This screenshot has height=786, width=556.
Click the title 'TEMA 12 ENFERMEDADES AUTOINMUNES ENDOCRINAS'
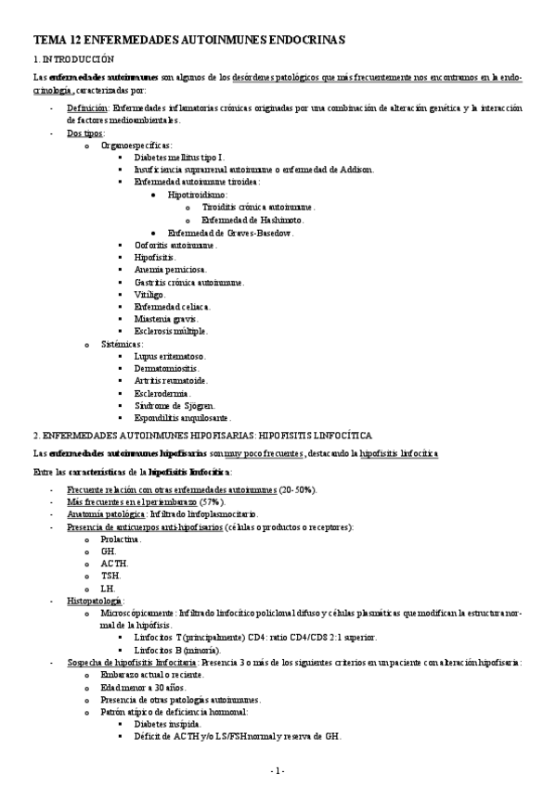[188, 40]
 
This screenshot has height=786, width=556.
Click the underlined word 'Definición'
[88, 108]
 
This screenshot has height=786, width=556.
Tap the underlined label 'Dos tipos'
[86, 133]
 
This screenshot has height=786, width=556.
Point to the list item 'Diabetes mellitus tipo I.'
[185, 158]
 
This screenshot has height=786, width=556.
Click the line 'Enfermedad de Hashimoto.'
[252, 220]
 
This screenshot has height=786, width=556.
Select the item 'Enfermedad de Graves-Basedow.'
[230, 233]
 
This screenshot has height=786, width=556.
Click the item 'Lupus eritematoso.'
[170, 356]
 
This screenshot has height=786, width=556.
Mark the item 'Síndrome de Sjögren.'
[175, 405]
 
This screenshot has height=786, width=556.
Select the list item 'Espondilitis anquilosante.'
[183, 418]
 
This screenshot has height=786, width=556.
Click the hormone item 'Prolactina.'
[122, 539]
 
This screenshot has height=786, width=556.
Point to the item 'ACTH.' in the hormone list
[115, 563]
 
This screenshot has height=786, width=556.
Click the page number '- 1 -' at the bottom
[278, 770]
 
